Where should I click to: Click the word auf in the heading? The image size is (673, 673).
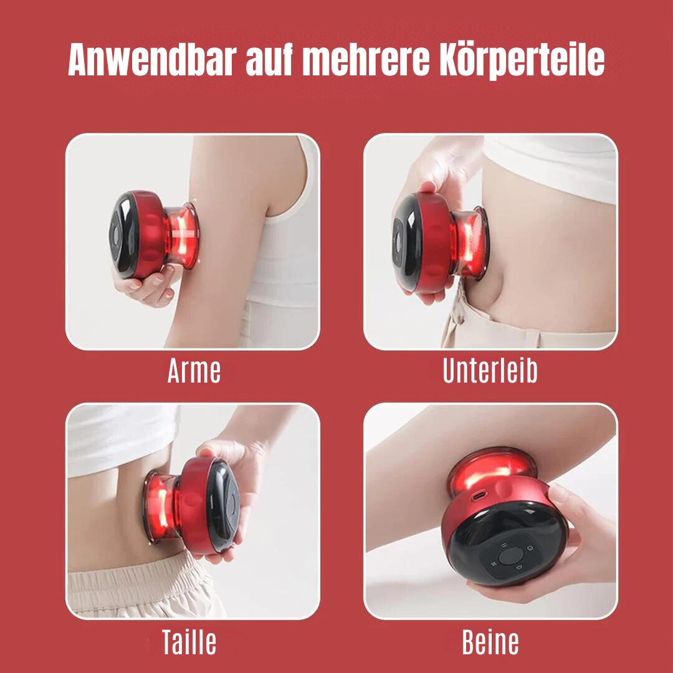click(x=265, y=61)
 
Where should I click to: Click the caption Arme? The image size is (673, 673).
click(x=194, y=372)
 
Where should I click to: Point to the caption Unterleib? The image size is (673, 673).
click(x=490, y=372)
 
